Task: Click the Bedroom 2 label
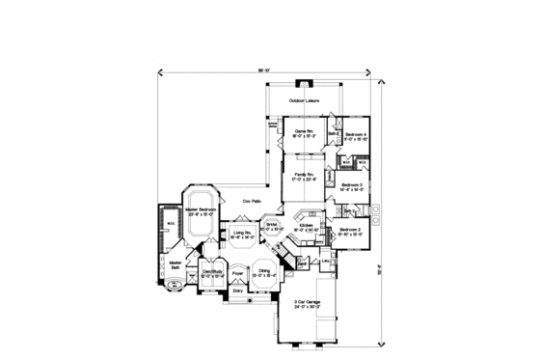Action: pos(349,230)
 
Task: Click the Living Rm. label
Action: pos(241,233)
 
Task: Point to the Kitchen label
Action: pos(306,225)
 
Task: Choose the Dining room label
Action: pos(263,271)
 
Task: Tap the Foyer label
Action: pos(237,272)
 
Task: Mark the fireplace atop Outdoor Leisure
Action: pos(305,83)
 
